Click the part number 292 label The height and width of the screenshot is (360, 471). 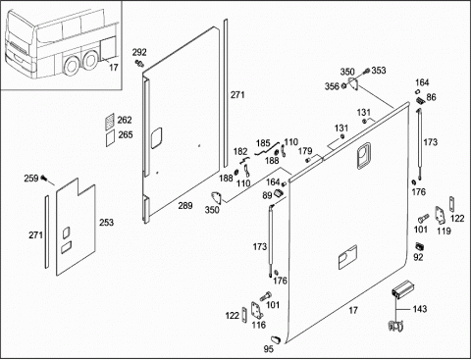(139, 52)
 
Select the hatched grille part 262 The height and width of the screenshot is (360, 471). (110, 122)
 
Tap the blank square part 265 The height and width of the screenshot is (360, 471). (110, 138)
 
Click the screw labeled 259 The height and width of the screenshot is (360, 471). (44, 179)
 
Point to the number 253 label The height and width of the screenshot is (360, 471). (107, 223)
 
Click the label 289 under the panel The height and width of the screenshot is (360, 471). (185, 206)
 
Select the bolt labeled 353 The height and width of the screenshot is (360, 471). (367, 71)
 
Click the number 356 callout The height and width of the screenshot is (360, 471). (332, 86)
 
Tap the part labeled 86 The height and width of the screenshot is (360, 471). (420, 100)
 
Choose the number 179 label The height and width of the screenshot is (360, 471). (305, 151)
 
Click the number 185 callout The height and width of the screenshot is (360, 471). (263, 143)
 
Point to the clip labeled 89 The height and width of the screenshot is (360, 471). (279, 192)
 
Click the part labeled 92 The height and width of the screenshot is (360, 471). (419, 246)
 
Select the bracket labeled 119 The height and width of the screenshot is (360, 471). (439, 216)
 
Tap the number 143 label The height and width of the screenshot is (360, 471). (420, 309)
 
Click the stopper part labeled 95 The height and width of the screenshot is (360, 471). (276, 339)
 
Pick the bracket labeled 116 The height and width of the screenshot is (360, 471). (257, 311)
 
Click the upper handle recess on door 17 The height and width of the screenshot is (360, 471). (363, 155)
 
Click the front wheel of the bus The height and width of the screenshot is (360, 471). (72, 65)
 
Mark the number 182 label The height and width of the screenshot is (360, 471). (240, 152)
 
